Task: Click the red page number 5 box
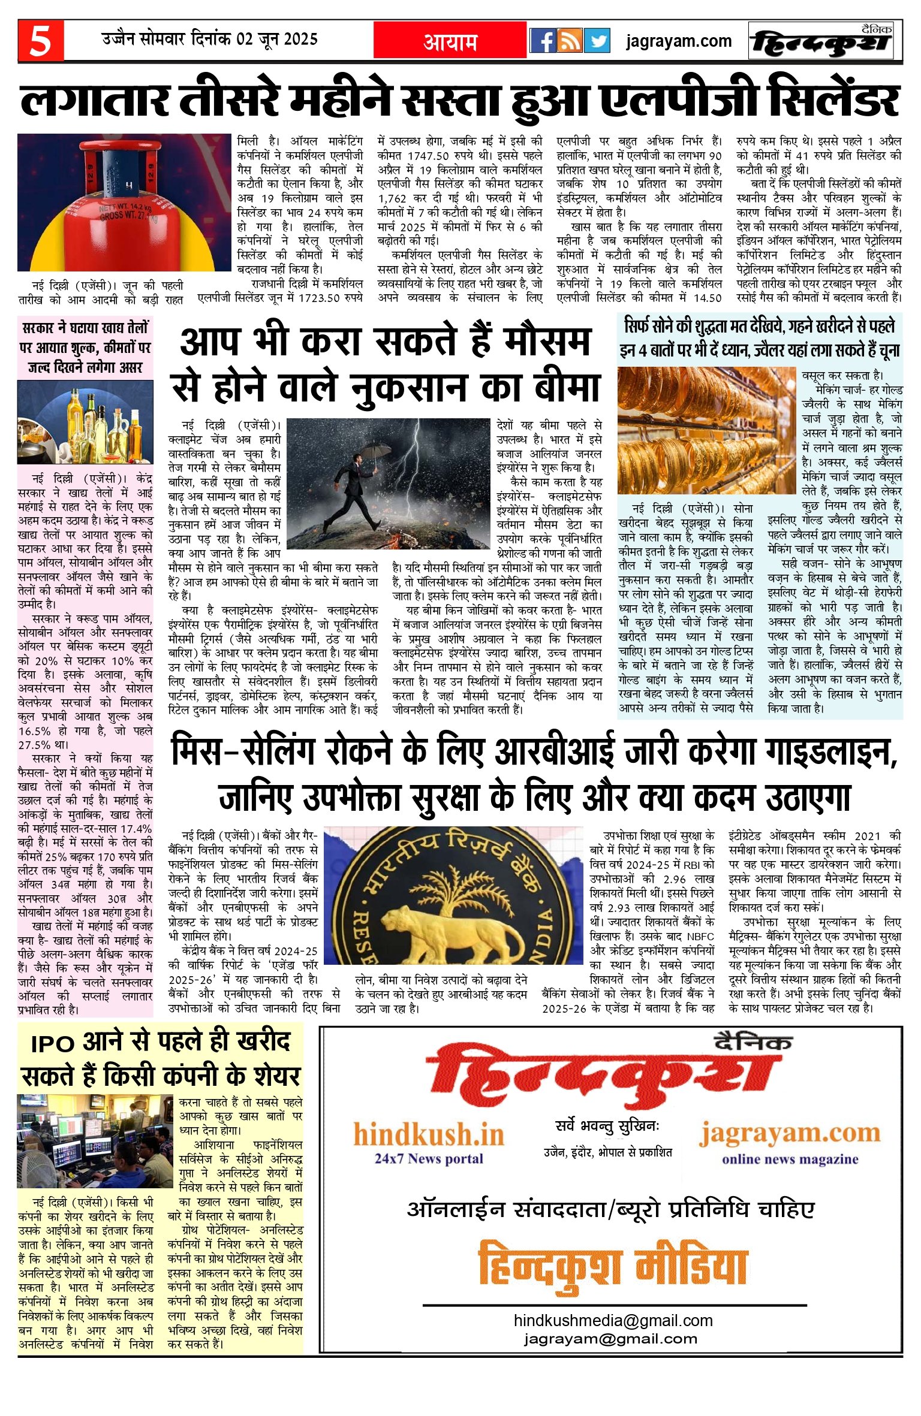40,41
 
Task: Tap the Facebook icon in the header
543,41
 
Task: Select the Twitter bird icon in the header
597,41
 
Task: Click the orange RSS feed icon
570,41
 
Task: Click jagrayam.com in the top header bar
679,41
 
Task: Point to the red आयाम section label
450,41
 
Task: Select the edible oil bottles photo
85,422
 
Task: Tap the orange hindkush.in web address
428,1135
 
